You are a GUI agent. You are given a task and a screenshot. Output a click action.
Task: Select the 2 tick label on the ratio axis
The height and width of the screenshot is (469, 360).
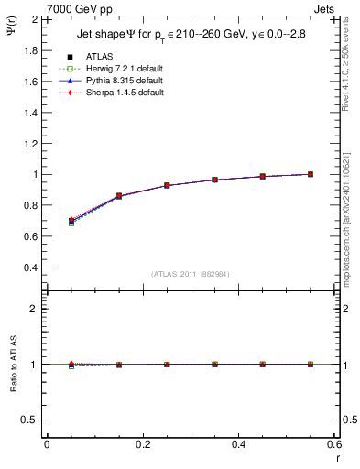pyautogui.click(x=34, y=309)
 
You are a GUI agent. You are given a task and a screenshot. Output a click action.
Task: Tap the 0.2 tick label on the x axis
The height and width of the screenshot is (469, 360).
pyautogui.click(x=142, y=445)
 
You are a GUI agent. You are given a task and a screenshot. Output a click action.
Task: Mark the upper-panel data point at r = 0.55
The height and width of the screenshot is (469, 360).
pyautogui.click(x=311, y=174)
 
